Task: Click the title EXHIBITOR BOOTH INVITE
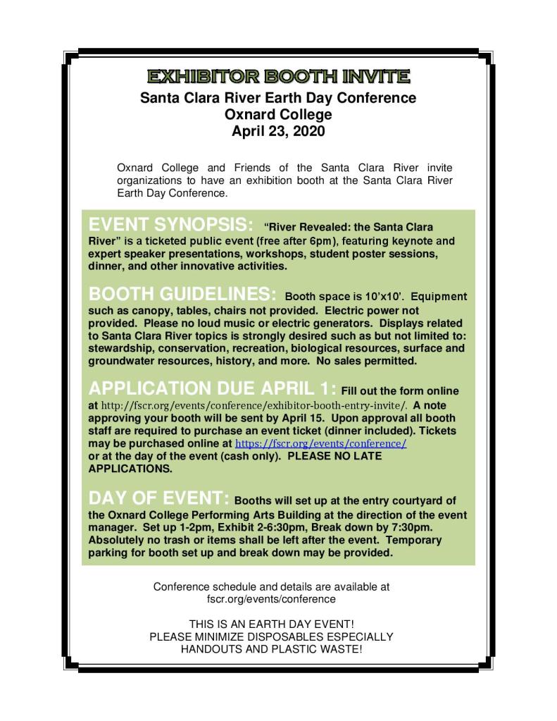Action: pyautogui.click(x=278, y=76)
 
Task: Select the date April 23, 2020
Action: pyautogui.click(x=278, y=130)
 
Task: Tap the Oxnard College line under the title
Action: pyautogui.click(x=278, y=113)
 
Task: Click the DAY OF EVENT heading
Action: pyautogui.click(x=158, y=498)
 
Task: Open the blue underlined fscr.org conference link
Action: pyautogui.click(x=320, y=445)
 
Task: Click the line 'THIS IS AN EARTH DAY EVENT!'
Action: pyautogui.click(x=271, y=624)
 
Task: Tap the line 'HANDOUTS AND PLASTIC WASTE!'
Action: pyautogui.click(x=271, y=648)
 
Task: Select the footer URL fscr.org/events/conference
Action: pyautogui.click(x=271, y=598)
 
